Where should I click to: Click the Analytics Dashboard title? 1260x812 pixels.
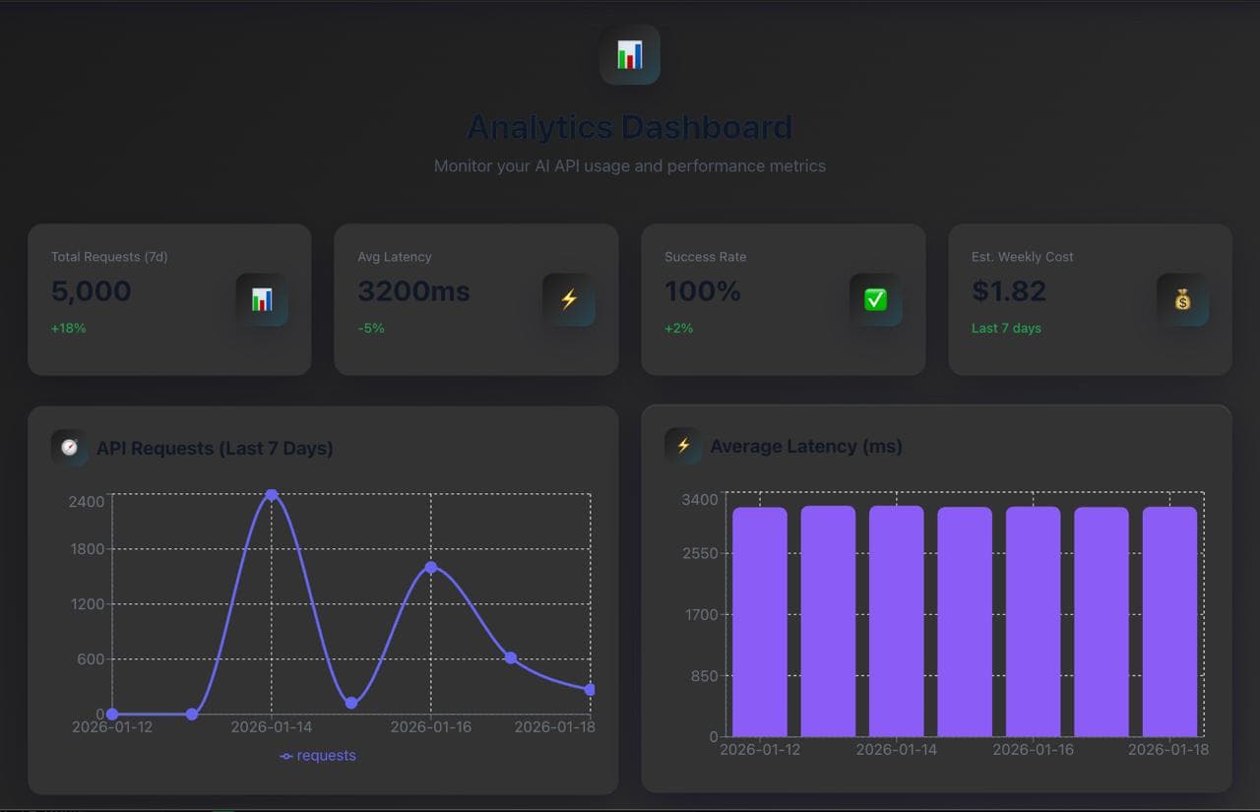pyautogui.click(x=629, y=127)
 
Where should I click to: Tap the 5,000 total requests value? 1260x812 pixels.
pyautogui.click(x=92, y=291)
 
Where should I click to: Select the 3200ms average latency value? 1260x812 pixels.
pyautogui.click(x=413, y=291)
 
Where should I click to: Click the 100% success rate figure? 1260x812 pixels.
pyautogui.click(x=702, y=291)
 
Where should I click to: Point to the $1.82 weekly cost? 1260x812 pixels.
pyautogui.click(x=1009, y=291)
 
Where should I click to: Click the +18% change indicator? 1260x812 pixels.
pyautogui.click(x=69, y=328)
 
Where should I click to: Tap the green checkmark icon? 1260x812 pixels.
pyautogui.click(x=875, y=299)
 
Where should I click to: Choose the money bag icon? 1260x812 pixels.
pyautogui.click(x=1182, y=299)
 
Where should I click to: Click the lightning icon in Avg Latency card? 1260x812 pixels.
pyautogui.click(x=568, y=299)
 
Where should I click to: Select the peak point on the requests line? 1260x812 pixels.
pyautogui.click(x=272, y=495)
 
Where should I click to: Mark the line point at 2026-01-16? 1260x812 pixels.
pyautogui.click(x=431, y=567)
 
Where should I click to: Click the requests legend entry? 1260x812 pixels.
pyautogui.click(x=318, y=756)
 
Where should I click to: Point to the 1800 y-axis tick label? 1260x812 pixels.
pyautogui.click(x=86, y=549)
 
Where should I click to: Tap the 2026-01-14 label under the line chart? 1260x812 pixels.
pyautogui.click(x=272, y=727)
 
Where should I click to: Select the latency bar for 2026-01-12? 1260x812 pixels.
pyautogui.click(x=760, y=621)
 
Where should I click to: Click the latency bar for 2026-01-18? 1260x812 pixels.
pyautogui.click(x=1169, y=621)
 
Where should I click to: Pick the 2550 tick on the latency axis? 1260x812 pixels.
pyautogui.click(x=700, y=553)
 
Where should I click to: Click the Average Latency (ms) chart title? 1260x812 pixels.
pyautogui.click(x=806, y=446)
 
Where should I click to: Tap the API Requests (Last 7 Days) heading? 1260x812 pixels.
pyautogui.click(x=215, y=448)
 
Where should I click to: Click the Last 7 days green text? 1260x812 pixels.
pyautogui.click(x=1006, y=328)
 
